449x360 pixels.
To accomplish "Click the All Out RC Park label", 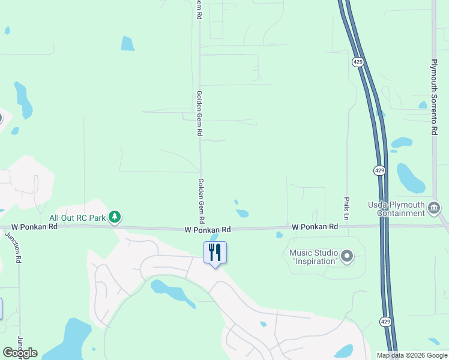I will tap(77, 218).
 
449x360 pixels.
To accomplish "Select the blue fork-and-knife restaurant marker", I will tap(215, 252).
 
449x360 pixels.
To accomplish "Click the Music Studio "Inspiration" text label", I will tap(313, 257).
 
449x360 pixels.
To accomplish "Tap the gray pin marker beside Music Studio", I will tap(346, 257).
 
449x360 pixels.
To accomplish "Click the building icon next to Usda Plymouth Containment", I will tap(434, 208).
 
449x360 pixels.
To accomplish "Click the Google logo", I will tap(20, 353).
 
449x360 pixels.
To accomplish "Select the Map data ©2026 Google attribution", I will tap(411, 355).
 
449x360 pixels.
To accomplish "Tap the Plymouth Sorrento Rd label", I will tap(433, 97).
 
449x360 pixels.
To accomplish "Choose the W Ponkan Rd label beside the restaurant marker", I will tap(208, 230).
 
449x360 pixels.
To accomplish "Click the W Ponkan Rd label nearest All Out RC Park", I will tap(34, 227).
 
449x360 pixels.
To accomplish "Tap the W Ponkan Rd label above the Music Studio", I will tap(315, 227).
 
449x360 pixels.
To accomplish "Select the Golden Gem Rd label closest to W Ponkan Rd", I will tap(200, 197).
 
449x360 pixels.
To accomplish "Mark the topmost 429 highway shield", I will tap(358, 62).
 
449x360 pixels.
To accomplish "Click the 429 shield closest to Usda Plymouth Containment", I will tap(379, 170).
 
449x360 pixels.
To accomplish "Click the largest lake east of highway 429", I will tap(411, 178).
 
